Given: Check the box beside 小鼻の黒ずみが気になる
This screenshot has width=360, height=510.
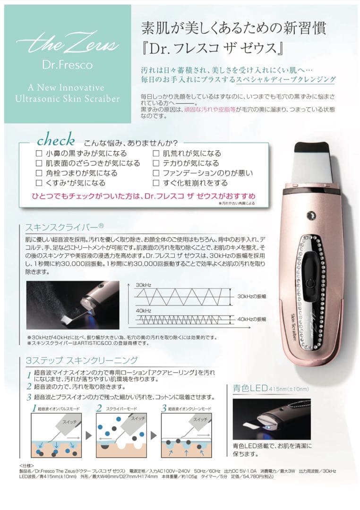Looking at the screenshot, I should (x=39, y=153).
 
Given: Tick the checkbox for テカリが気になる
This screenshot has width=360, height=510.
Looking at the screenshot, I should (x=156, y=163).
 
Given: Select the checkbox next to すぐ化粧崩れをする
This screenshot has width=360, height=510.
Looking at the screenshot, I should (x=156, y=183).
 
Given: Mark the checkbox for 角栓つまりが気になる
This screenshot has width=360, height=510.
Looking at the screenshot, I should (x=39, y=173).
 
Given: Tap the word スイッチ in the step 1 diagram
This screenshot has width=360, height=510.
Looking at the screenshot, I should (x=70, y=419).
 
